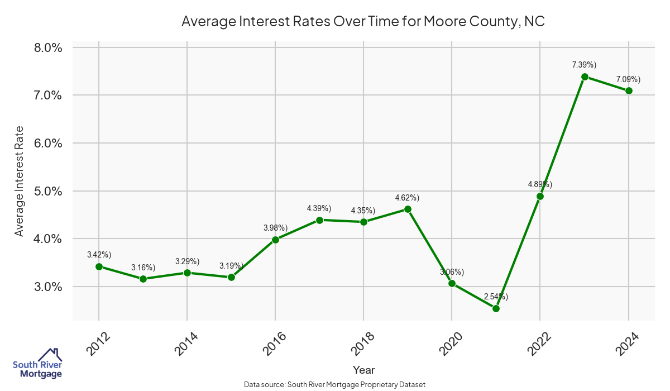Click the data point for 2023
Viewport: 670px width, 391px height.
(x=585, y=77)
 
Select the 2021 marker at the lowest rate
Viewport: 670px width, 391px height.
(x=496, y=308)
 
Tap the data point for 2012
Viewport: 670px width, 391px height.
(x=99, y=266)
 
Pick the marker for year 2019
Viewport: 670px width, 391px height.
(x=408, y=209)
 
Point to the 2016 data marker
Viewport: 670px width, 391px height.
(x=275, y=240)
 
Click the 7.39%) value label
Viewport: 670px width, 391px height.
(x=584, y=65)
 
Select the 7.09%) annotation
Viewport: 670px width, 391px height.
(x=628, y=79)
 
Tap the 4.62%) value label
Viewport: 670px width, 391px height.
(x=407, y=198)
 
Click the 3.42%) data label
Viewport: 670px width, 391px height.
(x=99, y=255)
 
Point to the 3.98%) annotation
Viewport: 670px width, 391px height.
(x=275, y=228)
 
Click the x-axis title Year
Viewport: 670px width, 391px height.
(x=364, y=370)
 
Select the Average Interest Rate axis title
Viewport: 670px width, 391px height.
(x=20, y=182)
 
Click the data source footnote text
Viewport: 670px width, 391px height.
(x=335, y=384)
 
